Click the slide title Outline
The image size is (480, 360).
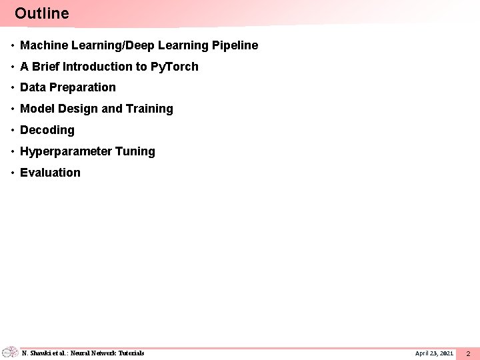click(x=41, y=13)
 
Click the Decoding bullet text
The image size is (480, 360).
click(x=47, y=130)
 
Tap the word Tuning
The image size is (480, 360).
click(x=135, y=151)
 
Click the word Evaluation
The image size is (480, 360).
click(x=50, y=173)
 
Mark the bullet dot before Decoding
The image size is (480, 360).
click(x=13, y=130)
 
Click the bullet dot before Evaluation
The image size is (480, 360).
click(x=13, y=173)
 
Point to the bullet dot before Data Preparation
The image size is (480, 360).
click(x=13, y=87)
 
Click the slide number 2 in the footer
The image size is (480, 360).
click(x=468, y=353)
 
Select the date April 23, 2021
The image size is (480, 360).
click(x=434, y=353)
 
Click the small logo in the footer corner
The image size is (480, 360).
click(x=9, y=352)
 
